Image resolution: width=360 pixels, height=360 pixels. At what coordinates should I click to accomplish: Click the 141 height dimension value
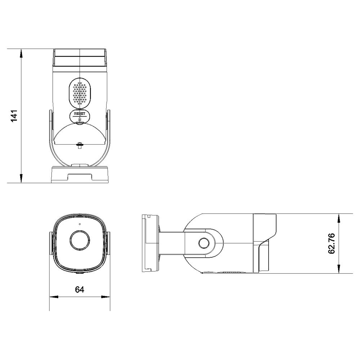(14, 116)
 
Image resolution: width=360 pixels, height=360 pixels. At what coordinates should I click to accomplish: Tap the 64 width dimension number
(80, 289)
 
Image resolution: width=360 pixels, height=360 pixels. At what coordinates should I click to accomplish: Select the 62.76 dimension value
(332, 244)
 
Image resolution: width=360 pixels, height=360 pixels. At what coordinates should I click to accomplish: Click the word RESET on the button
(80, 114)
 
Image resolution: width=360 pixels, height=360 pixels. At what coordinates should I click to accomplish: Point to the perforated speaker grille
(80, 93)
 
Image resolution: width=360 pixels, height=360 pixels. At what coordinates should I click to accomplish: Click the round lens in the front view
(80, 240)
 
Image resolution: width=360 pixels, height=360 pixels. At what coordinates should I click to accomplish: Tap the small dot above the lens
(80, 224)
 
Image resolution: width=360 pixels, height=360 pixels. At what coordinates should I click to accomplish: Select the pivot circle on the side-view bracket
(204, 243)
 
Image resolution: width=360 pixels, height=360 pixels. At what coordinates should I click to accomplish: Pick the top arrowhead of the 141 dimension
(21, 53)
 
